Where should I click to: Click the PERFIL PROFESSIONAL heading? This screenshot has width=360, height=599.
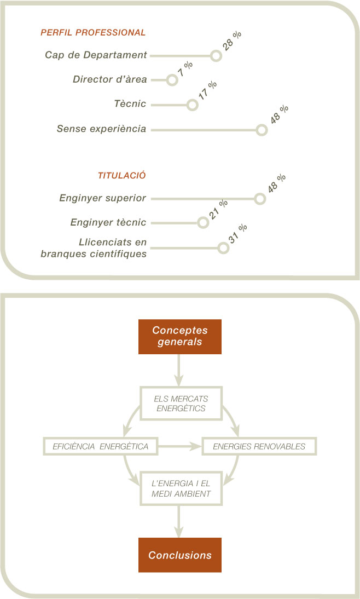(93, 32)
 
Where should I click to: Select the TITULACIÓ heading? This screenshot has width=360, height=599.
(122, 175)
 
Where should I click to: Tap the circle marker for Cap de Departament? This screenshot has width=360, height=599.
(216, 56)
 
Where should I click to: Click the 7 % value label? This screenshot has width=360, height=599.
(185, 69)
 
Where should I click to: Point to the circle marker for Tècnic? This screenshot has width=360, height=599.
(193, 105)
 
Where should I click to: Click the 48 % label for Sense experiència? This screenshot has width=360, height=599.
(279, 114)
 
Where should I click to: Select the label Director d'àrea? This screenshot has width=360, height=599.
(109, 79)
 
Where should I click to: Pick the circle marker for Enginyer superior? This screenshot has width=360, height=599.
(260, 199)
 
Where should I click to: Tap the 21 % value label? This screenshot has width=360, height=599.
(218, 210)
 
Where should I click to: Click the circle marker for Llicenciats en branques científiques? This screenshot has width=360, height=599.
(223, 247)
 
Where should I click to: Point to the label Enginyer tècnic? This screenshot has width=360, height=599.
(108, 222)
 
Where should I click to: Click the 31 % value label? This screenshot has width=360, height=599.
(238, 234)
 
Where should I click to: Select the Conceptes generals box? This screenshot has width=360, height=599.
(180, 337)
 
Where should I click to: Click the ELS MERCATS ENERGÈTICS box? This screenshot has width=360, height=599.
(181, 404)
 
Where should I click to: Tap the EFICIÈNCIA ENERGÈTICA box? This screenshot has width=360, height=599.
(101, 446)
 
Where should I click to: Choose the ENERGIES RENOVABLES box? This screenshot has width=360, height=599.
(259, 446)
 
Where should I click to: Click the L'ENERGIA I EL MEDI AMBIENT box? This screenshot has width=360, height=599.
(181, 488)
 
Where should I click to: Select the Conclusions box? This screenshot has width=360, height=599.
(180, 555)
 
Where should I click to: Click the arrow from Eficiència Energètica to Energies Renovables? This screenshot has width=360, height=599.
(180, 446)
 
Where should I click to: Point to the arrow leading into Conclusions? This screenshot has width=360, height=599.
(179, 522)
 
